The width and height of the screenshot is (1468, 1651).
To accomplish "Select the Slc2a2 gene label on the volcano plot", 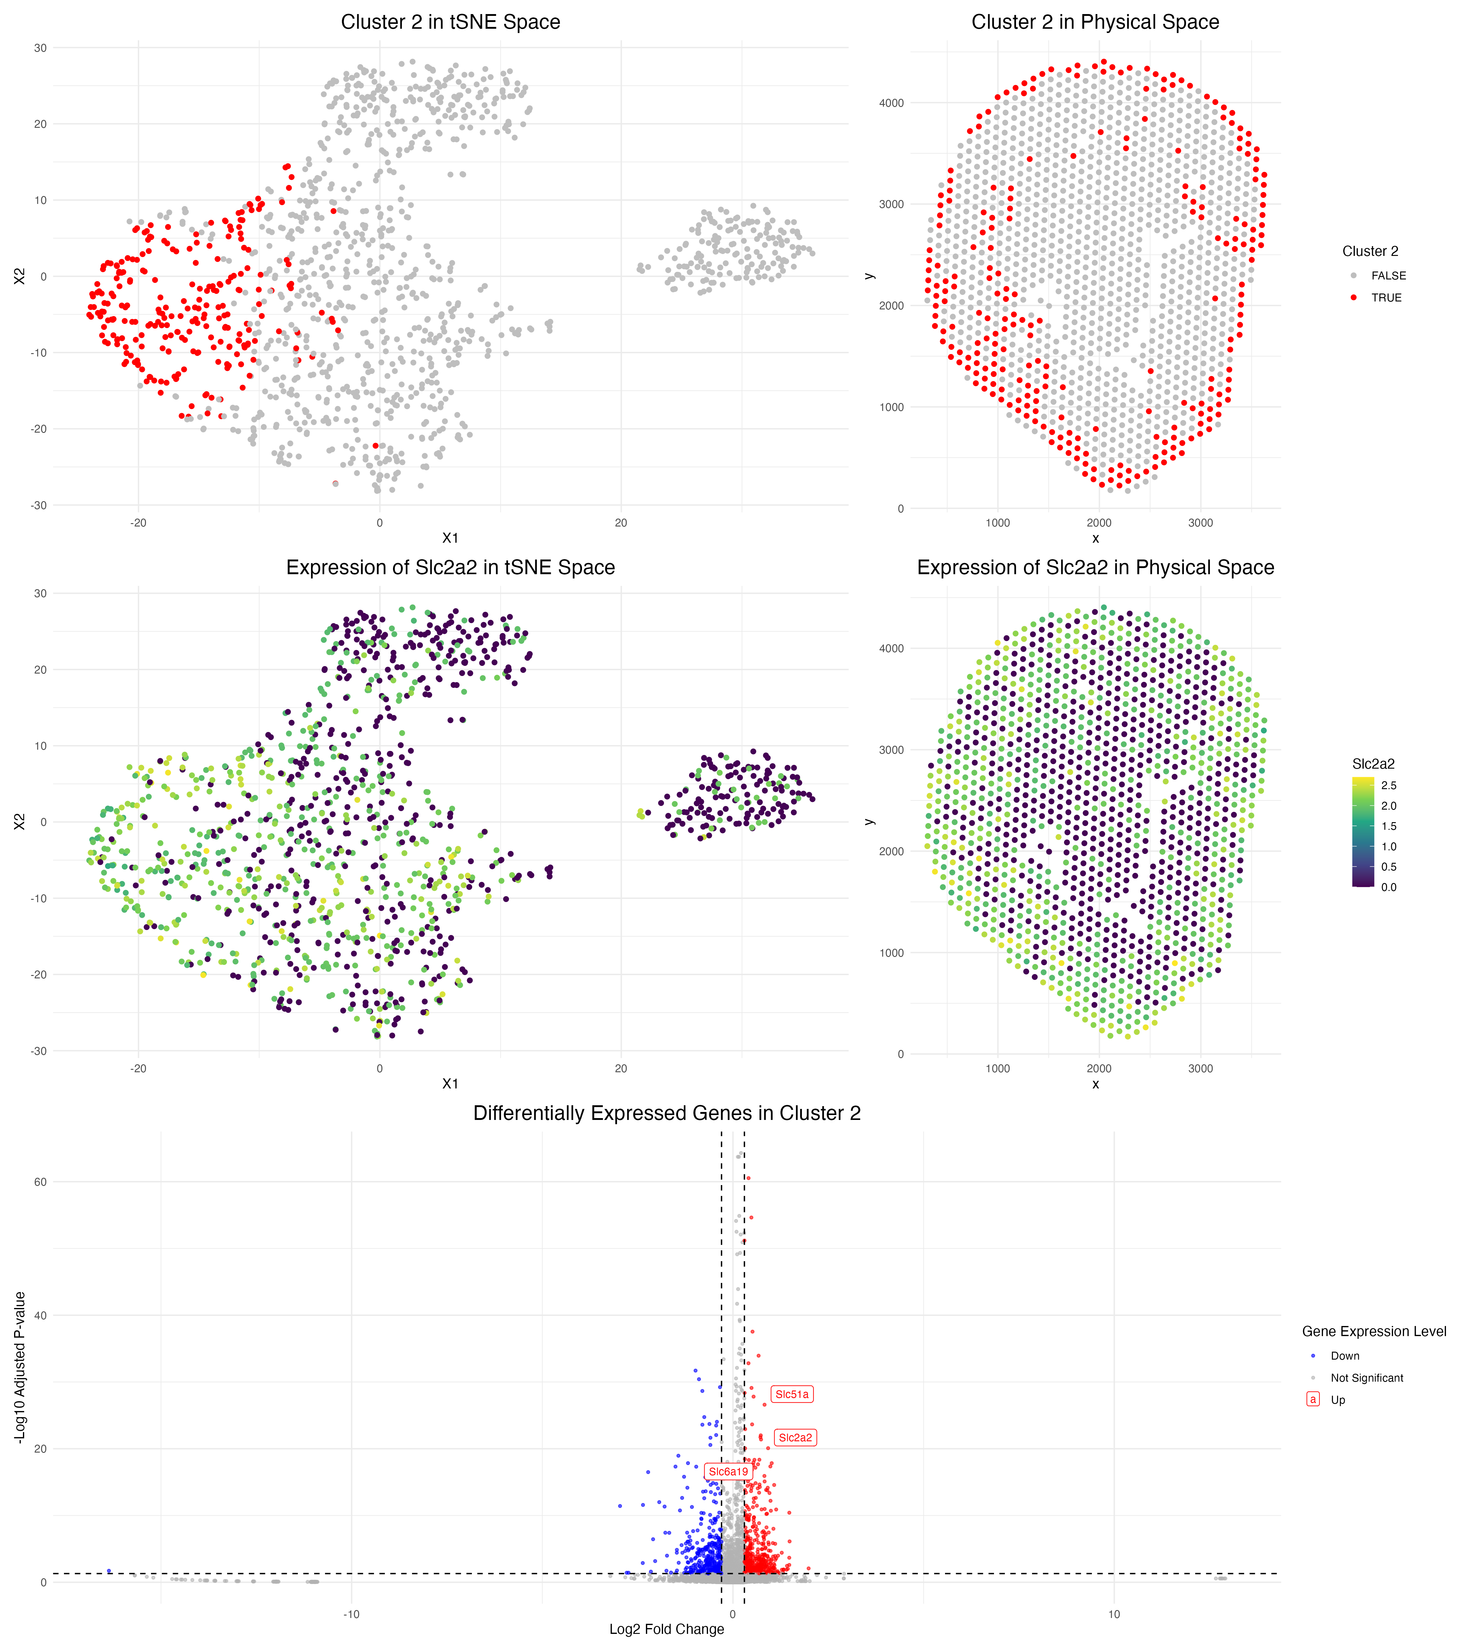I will [x=795, y=1438].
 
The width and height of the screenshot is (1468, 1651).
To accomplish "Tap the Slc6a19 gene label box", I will [x=728, y=1472].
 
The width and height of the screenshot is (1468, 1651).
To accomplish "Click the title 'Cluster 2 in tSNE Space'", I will [x=450, y=22].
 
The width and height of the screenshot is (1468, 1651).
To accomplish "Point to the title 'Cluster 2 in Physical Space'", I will [x=1095, y=22].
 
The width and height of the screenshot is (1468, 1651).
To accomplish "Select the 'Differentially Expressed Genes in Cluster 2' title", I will [x=666, y=1113].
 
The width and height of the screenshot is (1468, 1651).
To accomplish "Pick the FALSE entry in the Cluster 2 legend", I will [x=1388, y=275].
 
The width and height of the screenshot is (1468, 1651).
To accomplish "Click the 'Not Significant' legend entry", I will [x=1366, y=1378].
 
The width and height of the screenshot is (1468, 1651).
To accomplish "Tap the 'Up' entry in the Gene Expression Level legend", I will [x=1338, y=1400].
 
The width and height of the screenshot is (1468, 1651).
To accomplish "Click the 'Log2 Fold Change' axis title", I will [x=666, y=1629].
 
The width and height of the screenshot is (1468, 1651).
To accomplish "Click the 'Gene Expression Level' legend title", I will [x=1373, y=1331].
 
